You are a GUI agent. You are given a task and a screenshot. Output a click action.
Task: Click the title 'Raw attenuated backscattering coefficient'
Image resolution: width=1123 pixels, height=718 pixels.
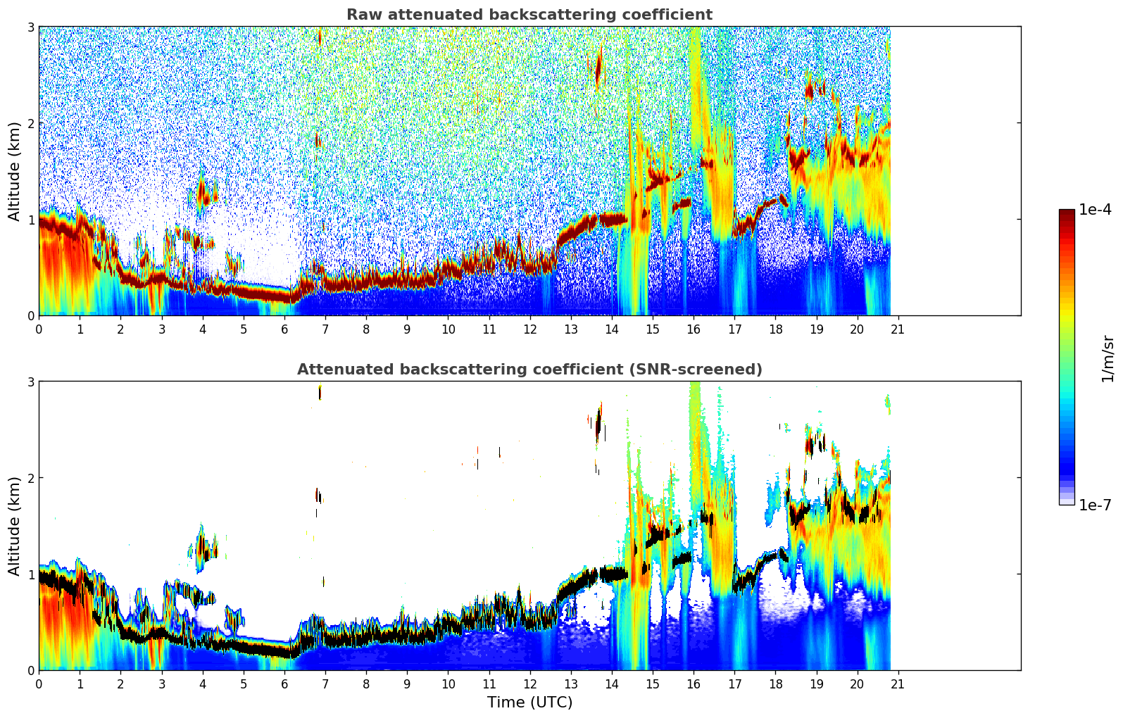(x=529, y=15)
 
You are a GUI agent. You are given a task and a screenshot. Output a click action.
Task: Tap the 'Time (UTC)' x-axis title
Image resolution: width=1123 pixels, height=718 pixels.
(x=529, y=702)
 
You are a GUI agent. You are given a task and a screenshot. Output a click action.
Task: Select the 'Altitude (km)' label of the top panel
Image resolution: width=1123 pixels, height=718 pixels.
(x=14, y=171)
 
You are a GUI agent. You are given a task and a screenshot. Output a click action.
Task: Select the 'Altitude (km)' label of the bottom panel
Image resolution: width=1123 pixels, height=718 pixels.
(x=14, y=526)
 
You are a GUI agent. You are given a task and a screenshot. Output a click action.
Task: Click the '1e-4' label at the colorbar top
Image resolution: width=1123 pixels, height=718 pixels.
(x=1095, y=209)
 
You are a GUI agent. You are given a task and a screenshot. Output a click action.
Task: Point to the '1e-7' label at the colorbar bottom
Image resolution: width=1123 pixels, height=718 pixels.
(x=1095, y=505)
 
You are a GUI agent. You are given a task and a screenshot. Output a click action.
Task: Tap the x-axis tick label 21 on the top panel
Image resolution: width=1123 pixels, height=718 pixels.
(x=898, y=329)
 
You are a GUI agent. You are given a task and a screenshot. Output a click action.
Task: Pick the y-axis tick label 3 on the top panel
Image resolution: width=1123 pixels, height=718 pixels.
(x=31, y=27)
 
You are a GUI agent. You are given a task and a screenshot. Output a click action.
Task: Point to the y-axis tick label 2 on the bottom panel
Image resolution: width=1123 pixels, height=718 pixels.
(x=31, y=478)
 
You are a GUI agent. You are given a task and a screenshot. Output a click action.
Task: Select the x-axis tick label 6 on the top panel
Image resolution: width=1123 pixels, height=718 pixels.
(x=284, y=329)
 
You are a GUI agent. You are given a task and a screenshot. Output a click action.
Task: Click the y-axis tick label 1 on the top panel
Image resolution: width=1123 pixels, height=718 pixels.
(x=31, y=220)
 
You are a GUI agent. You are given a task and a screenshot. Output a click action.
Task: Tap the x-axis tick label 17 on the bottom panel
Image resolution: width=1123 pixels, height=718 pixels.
(x=734, y=684)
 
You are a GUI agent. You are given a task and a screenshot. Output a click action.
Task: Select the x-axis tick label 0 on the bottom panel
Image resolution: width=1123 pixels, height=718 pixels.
(x=39, y=684)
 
